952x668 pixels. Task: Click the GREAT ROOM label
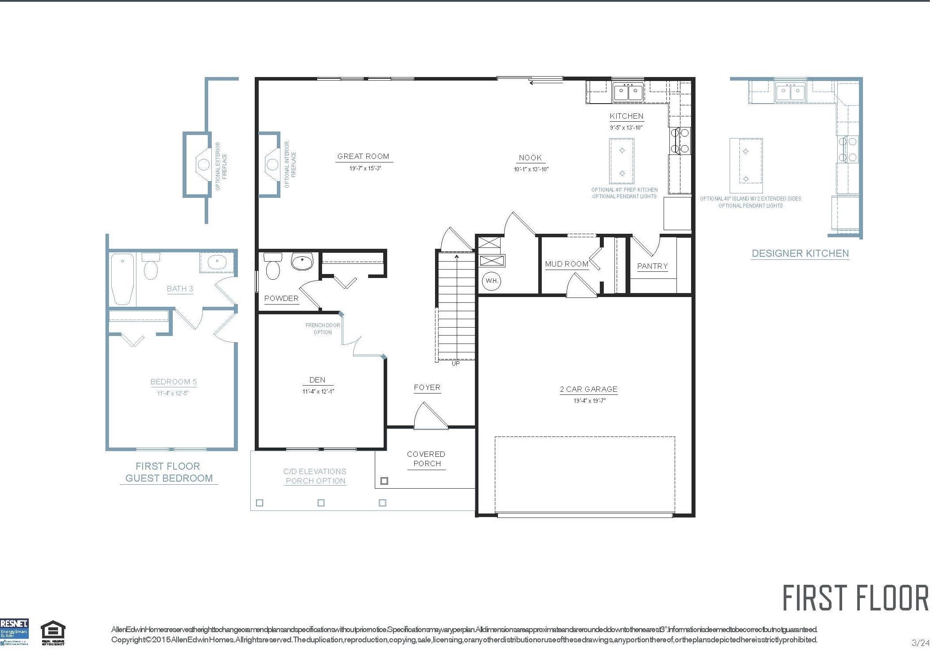(363, 156)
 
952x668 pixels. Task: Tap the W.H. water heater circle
(491, 281)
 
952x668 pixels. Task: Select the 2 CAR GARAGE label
(588, 389)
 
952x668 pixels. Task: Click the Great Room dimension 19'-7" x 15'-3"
(365, 169)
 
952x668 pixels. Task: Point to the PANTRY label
(652, 266)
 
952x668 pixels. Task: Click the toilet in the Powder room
(272, 266)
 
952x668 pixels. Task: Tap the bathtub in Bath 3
(122, 278)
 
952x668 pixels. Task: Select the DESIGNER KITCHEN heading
(800, 254)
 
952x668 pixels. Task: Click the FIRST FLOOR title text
(855, 598)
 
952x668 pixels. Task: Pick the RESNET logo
(14, 632)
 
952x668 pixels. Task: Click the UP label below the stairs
(455, 363)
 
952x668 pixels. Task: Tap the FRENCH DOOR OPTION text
(323, 328)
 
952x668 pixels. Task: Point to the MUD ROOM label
(566, 264)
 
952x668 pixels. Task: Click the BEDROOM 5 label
(173, 382)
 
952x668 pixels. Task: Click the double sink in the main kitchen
(628, 93)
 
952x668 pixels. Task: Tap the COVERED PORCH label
(426, 459)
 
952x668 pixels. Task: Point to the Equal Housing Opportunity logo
(53, 633)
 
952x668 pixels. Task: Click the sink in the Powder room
(302, 261)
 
